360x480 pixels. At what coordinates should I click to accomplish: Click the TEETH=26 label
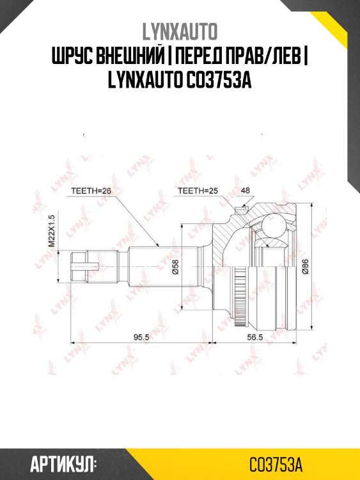pos(91,190)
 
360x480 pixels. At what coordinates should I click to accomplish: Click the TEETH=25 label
pos(198,190)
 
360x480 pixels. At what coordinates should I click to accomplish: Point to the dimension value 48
pos(246,190)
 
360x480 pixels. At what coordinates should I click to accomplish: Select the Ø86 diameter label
pos(305,265)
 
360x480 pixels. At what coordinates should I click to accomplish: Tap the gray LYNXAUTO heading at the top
pos(179,31)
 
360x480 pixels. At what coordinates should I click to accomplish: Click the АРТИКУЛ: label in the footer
pos(63,463)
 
